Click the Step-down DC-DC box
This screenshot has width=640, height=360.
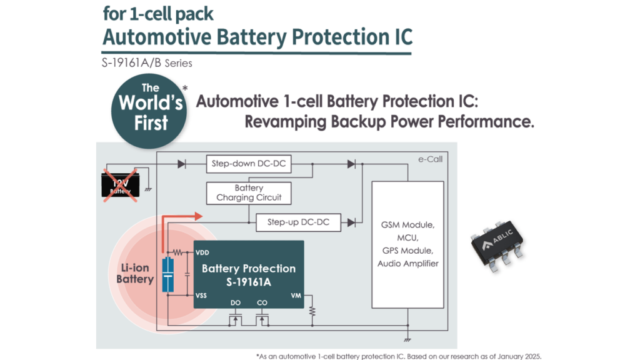click(249, 164)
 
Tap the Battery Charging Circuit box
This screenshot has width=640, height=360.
click(249, 192)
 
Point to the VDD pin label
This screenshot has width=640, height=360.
click(202, 252)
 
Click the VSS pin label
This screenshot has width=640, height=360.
click(202, 296)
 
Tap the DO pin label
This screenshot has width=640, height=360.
click(235, 303)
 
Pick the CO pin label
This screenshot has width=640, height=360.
click(262, 303)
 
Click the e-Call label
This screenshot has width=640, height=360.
click(430, 159)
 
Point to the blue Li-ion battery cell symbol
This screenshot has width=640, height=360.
click(167, 274)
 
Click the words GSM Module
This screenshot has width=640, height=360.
click(407, 225)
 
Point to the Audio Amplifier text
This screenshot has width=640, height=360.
click(407, 263)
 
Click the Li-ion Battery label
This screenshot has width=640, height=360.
click(134, 274)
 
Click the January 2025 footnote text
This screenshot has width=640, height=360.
click(512, 356)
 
